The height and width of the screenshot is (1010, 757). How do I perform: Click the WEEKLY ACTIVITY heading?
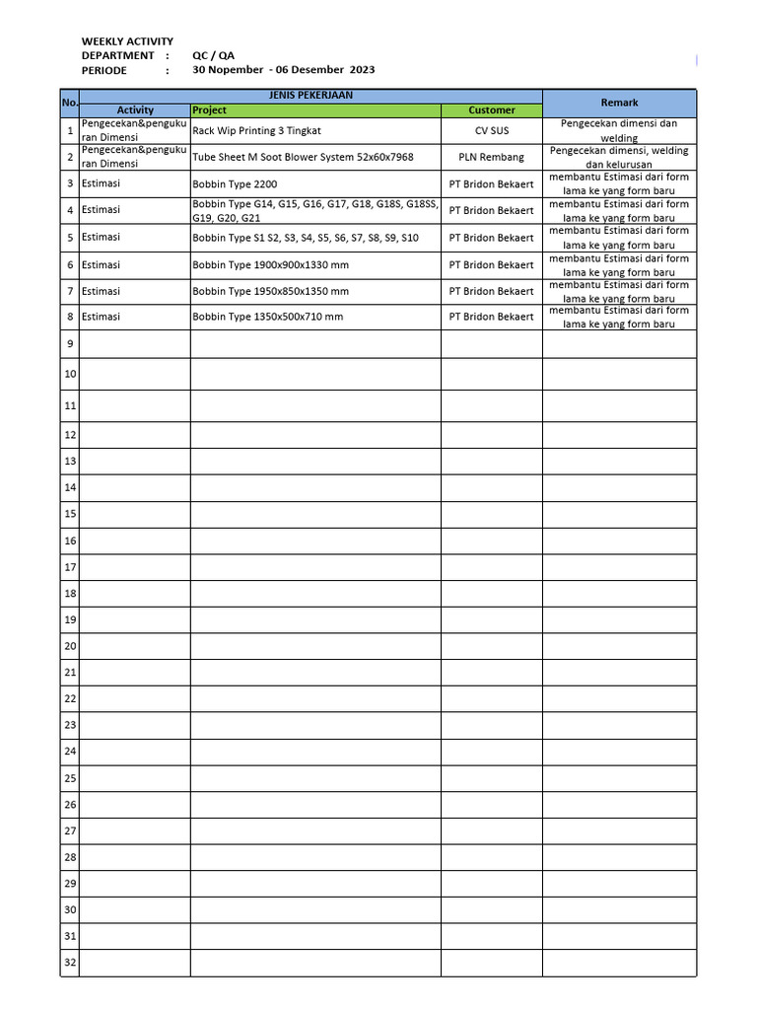[127, 41]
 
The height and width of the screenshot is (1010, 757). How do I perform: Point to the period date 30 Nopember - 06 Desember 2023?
[283, 70]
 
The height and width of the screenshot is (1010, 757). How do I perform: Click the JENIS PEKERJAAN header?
[310, 96]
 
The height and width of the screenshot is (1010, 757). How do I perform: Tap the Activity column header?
[135, 110]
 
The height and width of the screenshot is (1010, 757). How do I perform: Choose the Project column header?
[209, 110]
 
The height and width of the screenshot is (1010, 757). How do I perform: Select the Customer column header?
[491, 110]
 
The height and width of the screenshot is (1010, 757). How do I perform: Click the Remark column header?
[619, 103]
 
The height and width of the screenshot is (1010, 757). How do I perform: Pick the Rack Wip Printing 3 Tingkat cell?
[256, 130]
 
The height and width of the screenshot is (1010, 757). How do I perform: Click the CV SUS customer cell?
[491, 130]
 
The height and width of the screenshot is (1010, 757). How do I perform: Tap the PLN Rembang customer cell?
[491, 157]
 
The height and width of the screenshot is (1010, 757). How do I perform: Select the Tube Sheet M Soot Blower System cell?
[303, 157]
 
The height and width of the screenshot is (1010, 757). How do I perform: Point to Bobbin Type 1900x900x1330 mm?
[270, 265]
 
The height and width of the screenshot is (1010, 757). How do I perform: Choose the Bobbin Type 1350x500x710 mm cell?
[267, 317]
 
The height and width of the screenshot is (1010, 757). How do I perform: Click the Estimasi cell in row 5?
[101, 238]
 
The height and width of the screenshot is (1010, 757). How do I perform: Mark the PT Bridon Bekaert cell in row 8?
[491, 317]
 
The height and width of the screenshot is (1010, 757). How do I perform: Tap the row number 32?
[70, 963]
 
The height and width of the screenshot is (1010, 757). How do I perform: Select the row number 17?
[70, 567]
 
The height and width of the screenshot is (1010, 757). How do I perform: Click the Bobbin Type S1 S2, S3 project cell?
[306, 238]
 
